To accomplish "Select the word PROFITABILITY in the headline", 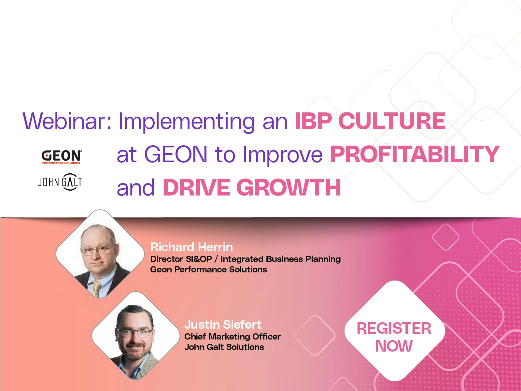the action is (415, 154).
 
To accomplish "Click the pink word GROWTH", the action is (289, 187).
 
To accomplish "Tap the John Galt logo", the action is (60, 182).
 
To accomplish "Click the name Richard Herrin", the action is (191, 247).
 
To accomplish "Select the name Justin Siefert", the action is (223, 325).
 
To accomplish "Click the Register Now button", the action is (394, 337).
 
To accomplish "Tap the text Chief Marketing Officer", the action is (232, 337).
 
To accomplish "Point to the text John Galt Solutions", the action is (224, 347).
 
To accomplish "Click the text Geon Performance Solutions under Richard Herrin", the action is (209, 269).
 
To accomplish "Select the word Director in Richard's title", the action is (166, 259).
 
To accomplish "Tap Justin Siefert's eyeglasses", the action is (134, 333).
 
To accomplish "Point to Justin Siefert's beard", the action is (134, 351).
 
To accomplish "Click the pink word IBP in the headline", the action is (314, 121).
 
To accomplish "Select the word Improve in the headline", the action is (283, 156).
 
